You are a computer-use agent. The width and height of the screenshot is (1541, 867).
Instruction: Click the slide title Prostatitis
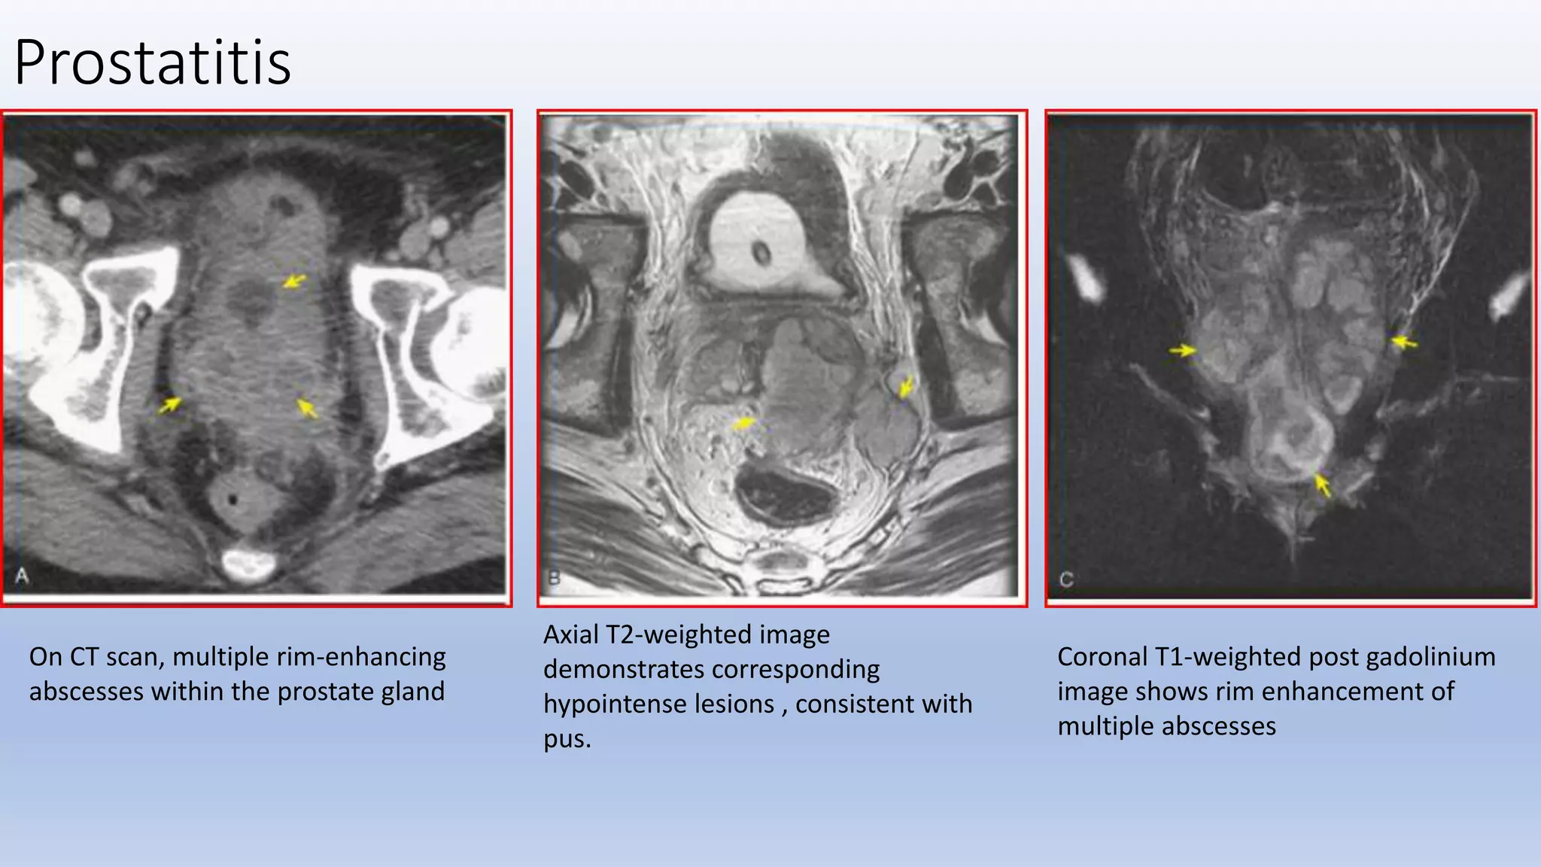pyautogui.click(x=152, y=62)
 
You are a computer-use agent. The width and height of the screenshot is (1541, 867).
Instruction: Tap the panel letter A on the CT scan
pyautogui.click(x=23, y=576)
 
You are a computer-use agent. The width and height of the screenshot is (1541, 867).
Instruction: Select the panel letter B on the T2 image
pyautogui.click(x=555, y=578)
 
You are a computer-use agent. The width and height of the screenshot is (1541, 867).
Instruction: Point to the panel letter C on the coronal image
pyautogui.click(x=1066, y=580)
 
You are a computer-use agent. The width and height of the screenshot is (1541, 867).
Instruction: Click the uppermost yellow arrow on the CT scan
pyautogui.click(x=294, y=281)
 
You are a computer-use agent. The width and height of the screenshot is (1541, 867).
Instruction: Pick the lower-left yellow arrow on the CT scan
pyautogui.click(x=170, y=405)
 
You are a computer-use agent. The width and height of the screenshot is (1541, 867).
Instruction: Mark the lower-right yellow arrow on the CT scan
pyautogui.click(x=307, y=408)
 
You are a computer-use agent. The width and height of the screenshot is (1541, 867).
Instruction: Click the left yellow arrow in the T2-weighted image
pyautogui.click(x=743, y=423)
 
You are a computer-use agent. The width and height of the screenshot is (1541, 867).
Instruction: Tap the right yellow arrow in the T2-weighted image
pyautogui.click(x=906, y=388)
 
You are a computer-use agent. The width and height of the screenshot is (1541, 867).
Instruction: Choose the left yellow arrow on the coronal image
pyautogui.click(x=1183, y=351)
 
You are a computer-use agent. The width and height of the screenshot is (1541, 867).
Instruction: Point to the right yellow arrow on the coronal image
pyautogui.click(x=1404, y=342)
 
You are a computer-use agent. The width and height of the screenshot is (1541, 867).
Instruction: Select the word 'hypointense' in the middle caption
pyautogui.click(x=658, y=704)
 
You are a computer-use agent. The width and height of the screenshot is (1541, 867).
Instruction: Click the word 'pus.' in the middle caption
pyautogui.click(x=567, y=739)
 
